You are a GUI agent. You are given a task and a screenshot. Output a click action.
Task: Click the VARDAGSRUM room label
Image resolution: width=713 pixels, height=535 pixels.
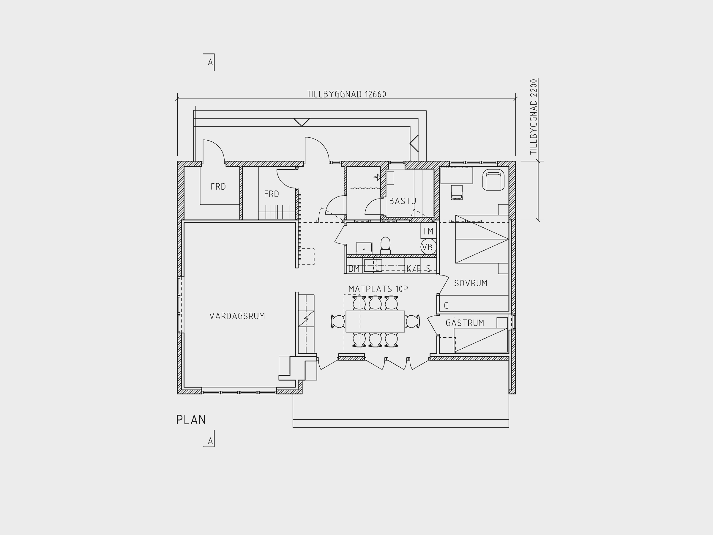237,316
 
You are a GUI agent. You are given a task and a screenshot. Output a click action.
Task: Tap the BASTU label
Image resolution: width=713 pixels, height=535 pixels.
402,201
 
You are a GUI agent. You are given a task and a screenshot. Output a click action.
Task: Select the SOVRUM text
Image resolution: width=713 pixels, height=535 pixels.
471,283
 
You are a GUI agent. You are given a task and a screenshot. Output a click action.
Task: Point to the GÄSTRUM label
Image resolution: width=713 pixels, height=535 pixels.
465,322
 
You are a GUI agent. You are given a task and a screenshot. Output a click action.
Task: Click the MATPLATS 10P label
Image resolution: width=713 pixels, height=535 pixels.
378,289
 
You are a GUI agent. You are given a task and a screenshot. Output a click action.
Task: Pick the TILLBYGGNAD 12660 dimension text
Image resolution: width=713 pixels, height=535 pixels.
346,94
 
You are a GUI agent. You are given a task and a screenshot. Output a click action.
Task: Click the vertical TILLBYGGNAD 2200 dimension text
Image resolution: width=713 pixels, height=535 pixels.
534,117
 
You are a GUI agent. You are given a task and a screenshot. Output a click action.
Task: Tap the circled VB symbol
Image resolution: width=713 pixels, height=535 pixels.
428,247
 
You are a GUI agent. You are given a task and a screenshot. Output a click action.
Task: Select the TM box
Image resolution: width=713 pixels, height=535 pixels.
428,231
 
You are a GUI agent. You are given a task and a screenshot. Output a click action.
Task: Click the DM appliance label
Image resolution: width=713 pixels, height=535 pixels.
354,268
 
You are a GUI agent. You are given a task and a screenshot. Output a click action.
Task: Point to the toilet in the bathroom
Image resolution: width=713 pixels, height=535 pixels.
386,246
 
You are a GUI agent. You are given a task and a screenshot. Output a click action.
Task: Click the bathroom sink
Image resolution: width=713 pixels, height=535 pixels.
364,248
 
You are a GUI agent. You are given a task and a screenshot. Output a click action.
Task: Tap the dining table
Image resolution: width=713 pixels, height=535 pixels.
375,321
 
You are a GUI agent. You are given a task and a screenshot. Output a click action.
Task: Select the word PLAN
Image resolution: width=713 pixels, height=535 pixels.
191,420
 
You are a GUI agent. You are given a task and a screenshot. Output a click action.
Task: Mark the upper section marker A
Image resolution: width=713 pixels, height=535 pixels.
210,62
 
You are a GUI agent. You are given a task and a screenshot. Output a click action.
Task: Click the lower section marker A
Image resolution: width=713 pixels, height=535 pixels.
210,440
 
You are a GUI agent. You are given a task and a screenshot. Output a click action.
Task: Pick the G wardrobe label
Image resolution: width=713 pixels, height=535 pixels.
447,305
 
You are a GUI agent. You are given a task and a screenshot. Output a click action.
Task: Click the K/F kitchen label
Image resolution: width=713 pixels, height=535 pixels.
414,268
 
